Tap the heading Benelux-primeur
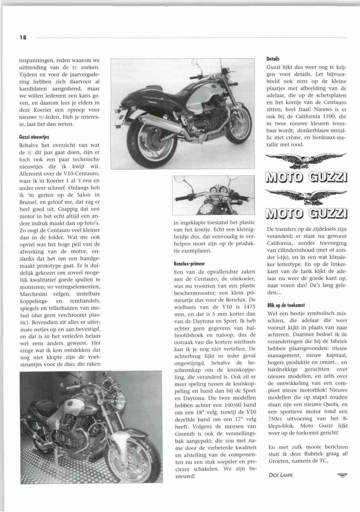[189, 263]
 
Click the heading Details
[273, 58]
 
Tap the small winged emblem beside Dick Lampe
[342, 474]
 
